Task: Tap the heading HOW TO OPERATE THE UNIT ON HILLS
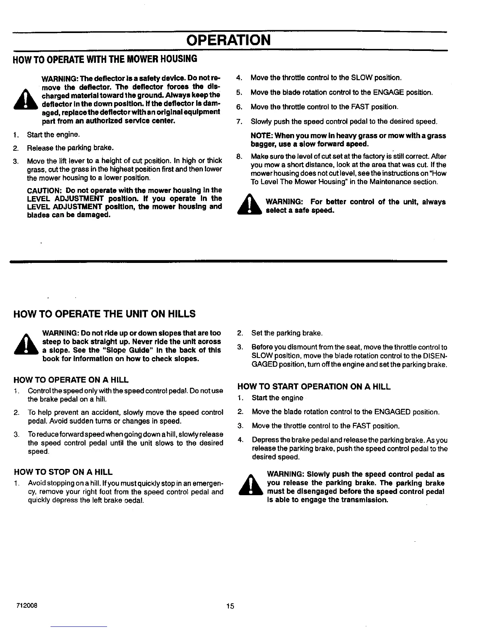click(x=104, y=314)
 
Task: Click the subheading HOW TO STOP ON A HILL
click(x=63, y=472)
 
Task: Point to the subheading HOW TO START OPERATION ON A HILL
click(x=314, y=386)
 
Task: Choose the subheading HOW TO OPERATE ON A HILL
click(x=71, y=380)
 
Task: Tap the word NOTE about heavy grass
click(x=261, y=136)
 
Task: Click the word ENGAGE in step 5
click(x=389, y=92)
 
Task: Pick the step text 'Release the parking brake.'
click(x=70, y=148)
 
